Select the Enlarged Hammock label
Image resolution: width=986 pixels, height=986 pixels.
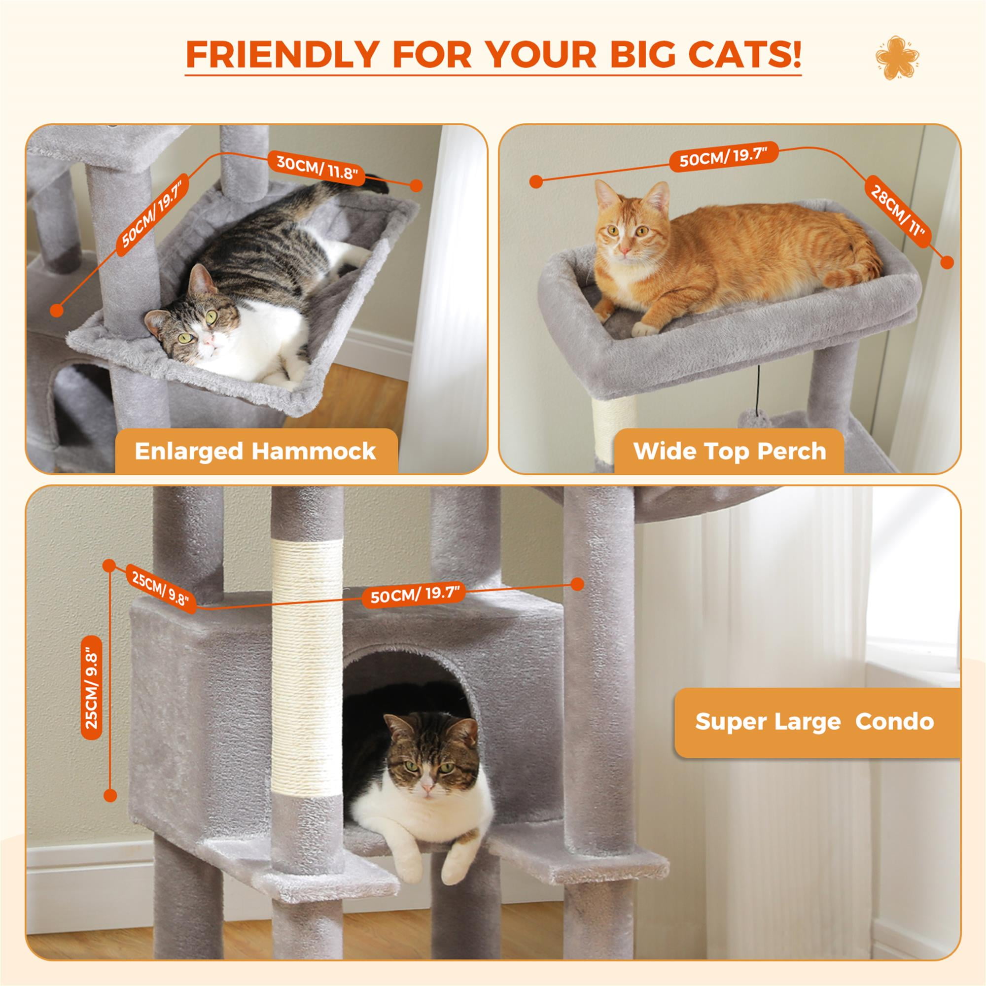tap(255, 451)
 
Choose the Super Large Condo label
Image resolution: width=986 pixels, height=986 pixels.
tap(814, 722)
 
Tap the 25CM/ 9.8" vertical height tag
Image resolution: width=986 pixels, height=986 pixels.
tap(92, 688)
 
